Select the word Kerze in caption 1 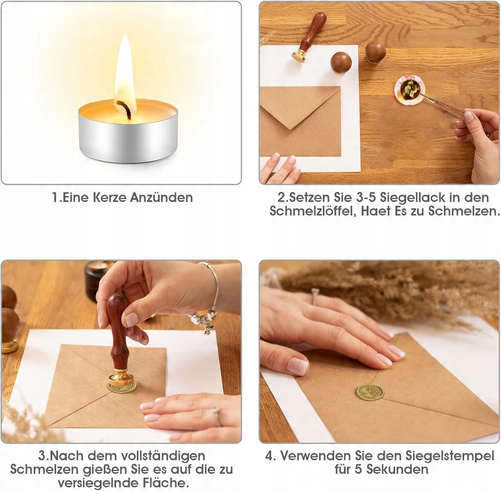(x=110, y=197)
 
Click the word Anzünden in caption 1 (x=161, y=197)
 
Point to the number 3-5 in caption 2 (x=366, y=197)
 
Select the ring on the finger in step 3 (x=217, y=417)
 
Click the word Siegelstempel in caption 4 (x=450, y=456)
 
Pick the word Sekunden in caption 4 (x=397, y=469)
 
